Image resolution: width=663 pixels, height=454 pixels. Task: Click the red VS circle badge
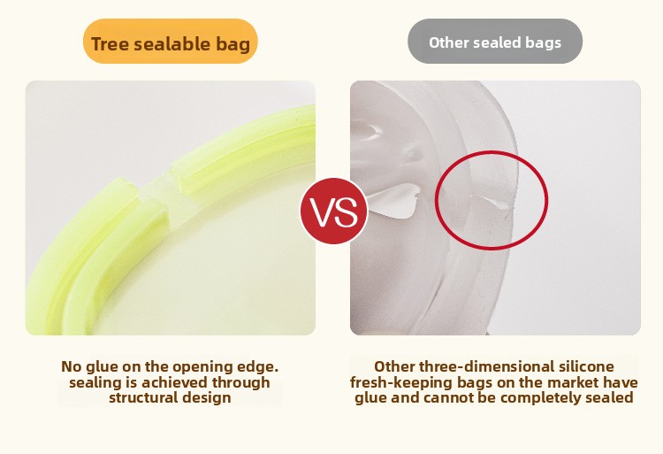334,211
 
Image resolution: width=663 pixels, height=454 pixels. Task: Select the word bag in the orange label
233,45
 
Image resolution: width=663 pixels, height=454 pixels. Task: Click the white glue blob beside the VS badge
394,201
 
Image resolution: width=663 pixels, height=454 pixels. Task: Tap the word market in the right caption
575,382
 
